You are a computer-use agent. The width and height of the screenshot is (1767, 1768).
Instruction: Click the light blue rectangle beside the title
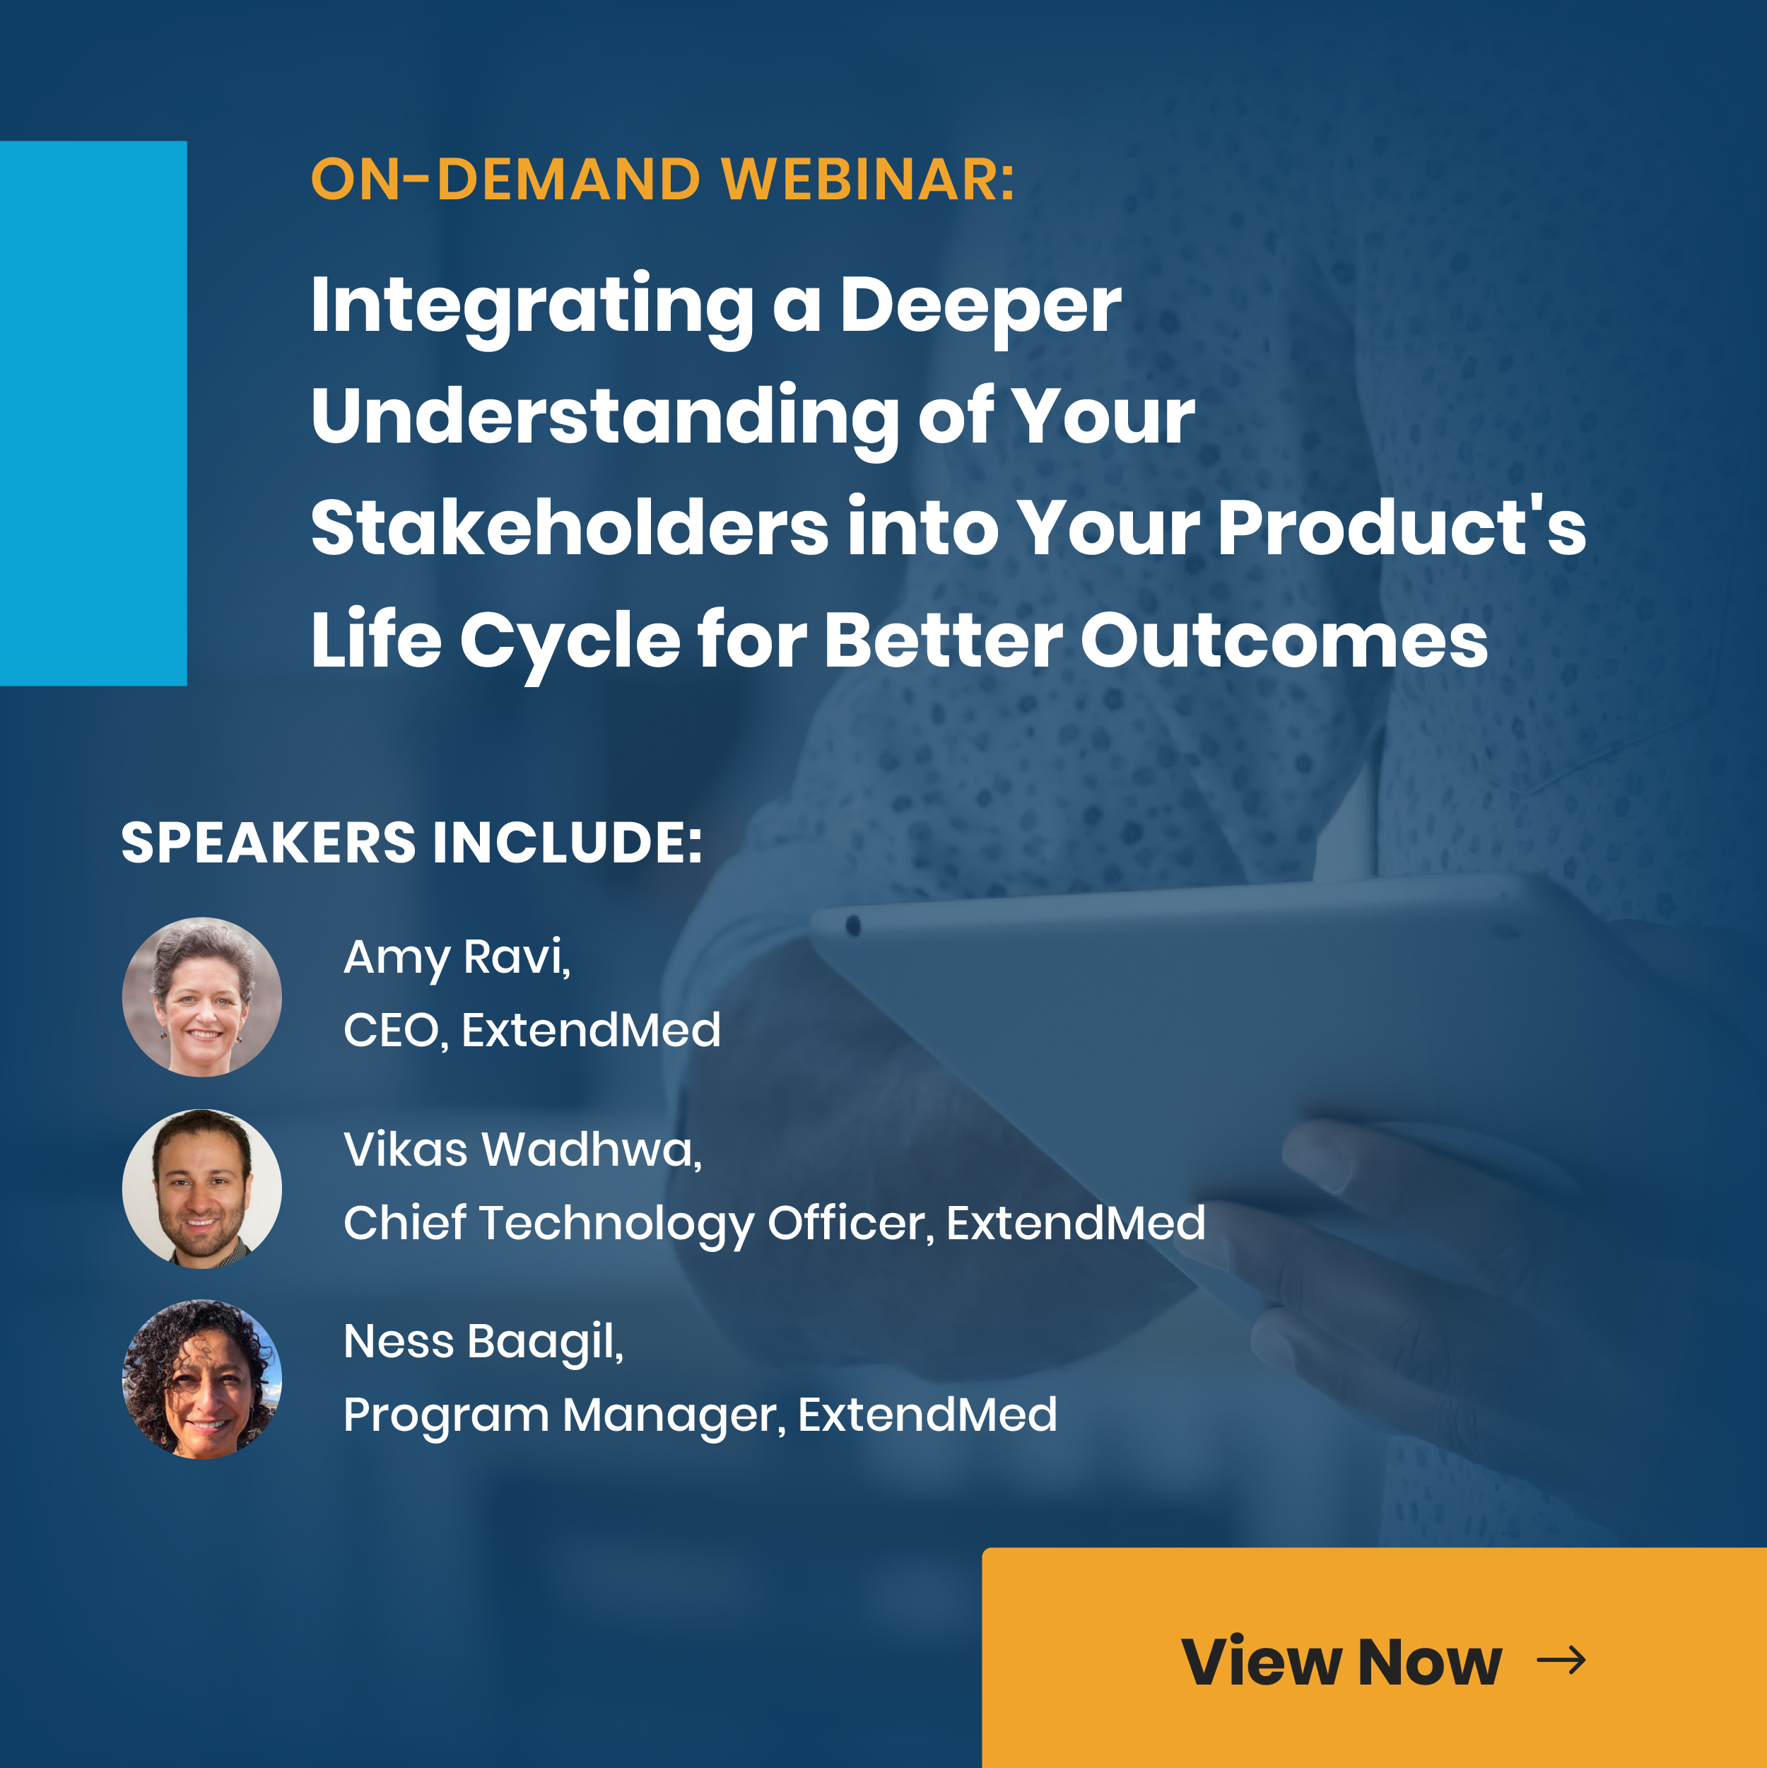(x=93, y=413)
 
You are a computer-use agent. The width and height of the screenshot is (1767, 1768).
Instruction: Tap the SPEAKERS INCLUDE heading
(x=412, y=842)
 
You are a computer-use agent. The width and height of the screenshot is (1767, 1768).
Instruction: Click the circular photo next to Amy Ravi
(x=202, y=997)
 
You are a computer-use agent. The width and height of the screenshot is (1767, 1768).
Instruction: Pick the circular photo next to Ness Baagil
(x=202, y=1380)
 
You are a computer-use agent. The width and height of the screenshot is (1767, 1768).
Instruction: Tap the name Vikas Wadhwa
(x=522, y=1149)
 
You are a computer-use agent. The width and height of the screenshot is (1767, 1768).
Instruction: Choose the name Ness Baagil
(x=483, y=1343)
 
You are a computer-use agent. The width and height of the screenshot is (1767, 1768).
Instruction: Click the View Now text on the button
(x=1342, y=1661)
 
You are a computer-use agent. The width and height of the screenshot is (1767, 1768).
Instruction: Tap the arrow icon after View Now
(x=1561, y=1660)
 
